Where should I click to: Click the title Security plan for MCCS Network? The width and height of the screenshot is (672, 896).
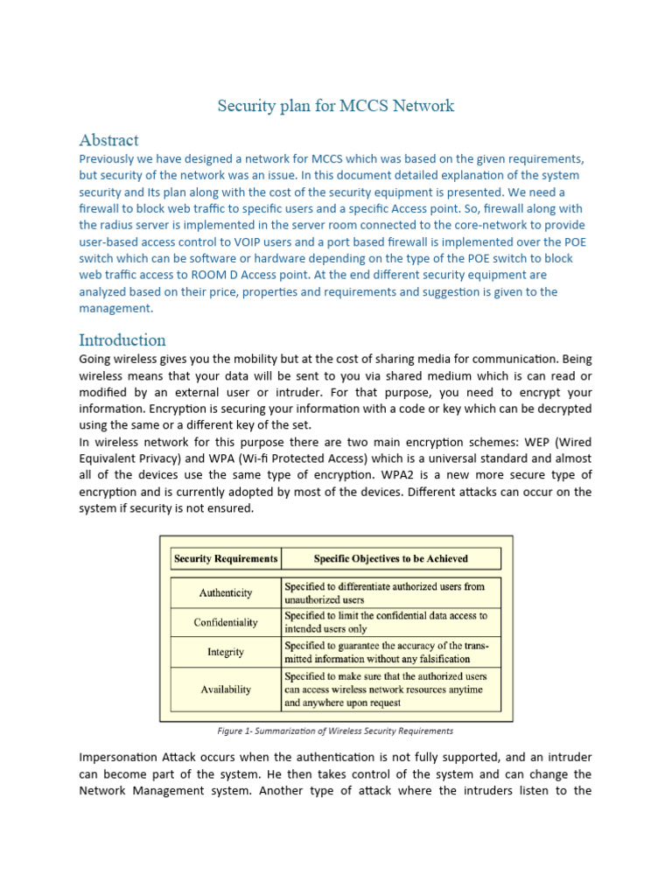point(336,106)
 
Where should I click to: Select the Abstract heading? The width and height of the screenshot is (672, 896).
point(108,140)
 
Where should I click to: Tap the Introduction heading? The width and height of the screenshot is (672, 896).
point(122,339)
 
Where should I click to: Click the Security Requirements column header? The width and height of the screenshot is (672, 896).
point(226,558)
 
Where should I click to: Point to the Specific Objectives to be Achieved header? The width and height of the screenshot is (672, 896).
point(390,558)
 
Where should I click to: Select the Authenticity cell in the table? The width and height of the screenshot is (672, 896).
point(226,592)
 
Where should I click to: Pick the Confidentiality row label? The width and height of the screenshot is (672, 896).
point(226,622)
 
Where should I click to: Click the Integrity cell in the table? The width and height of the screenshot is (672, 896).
point(226,652)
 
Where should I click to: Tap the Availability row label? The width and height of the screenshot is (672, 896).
point(226,689)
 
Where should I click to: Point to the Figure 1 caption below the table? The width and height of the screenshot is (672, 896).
point(336,731)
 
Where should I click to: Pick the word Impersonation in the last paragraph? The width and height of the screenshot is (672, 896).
point(120,758)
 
